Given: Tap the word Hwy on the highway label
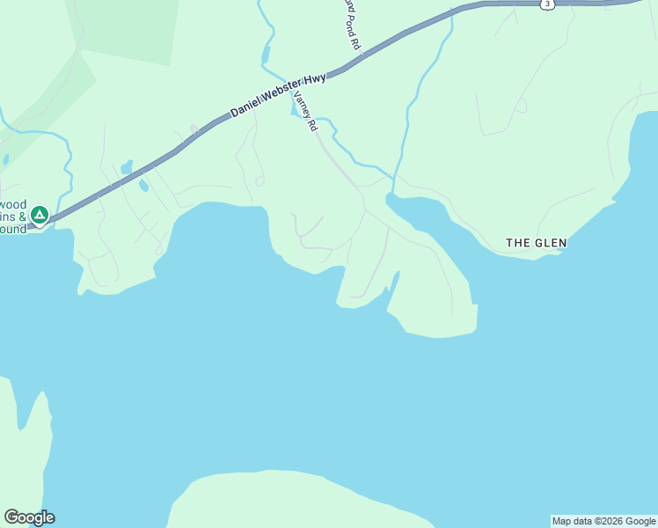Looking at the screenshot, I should tap(317, 78).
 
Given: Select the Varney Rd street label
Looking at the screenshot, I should tap(305, 112).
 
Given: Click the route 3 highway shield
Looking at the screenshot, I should tap(547, 4).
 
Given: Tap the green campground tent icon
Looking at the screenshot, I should tap(39, 214).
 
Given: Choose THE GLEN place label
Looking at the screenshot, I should tap(536, 242).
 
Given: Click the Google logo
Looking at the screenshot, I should tap(29, 517).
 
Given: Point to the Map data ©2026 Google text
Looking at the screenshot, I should tap(603, 521).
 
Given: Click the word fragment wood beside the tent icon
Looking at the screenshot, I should tap(13, 202).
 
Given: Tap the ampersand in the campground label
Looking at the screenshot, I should tap(23, 216).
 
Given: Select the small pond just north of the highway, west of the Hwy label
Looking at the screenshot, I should tap(127, 166).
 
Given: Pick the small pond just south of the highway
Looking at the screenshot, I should tap(143, 185).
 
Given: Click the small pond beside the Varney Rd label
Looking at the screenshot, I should tap(295, 111).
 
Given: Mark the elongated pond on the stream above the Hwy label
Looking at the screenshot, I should tap(266, 55).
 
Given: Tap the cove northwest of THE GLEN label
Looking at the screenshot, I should tap(413, 211).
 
